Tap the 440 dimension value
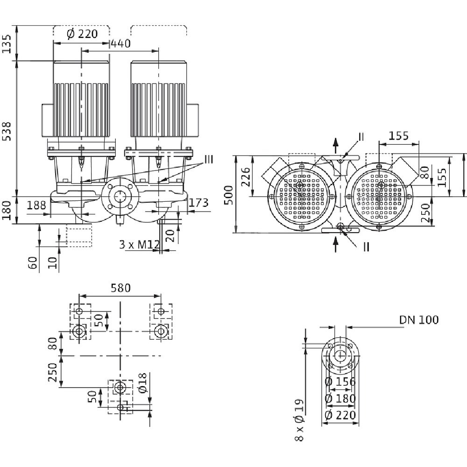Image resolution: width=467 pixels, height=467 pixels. (x=120, y=43)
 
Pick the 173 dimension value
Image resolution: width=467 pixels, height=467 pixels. (x=198, y=202)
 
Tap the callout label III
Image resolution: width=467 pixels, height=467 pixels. (x=208, y=160)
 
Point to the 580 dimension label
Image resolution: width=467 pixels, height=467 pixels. (x=120, y=288)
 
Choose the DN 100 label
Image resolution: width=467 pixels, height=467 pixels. (x=419, y=320)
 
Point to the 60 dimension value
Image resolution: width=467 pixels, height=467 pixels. (x=32, y=262)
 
